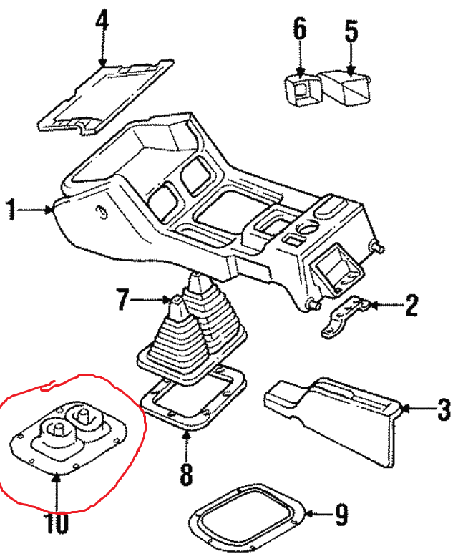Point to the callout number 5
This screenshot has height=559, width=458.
tap(351, 31)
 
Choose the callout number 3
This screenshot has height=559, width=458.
tap(444, 409)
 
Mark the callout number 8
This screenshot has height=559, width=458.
tap(186, 474)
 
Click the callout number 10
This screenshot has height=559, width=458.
tap(57, 524)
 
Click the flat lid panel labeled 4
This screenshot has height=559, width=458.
tap(104, 97)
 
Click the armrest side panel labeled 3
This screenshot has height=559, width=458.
tap(336, 412)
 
